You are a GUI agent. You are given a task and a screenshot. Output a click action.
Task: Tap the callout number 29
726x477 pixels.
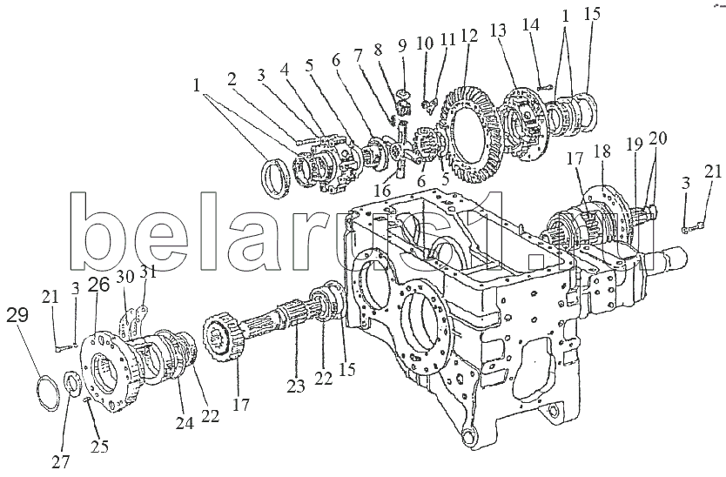(17, 315)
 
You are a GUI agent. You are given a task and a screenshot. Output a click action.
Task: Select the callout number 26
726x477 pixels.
(100, 285)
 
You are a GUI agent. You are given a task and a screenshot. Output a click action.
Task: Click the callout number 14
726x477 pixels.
(531, 24)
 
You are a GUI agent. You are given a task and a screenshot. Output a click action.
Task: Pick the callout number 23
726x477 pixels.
(296, 386)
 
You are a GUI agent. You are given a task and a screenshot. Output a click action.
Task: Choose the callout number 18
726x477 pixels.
(602, 152)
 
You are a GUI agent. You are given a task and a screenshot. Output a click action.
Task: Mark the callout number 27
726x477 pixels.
(61, 461)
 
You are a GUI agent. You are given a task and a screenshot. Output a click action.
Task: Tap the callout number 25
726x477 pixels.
(99, 447)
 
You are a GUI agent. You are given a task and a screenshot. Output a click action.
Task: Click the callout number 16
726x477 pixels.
(382, 190)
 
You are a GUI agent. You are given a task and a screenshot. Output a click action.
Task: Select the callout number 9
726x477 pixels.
(402, 46)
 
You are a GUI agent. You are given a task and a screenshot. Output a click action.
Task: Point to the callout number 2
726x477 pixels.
(232, 79)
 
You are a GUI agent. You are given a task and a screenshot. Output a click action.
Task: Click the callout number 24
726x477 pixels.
(185, 423)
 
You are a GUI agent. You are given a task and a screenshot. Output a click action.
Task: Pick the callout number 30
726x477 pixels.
(125, 277)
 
